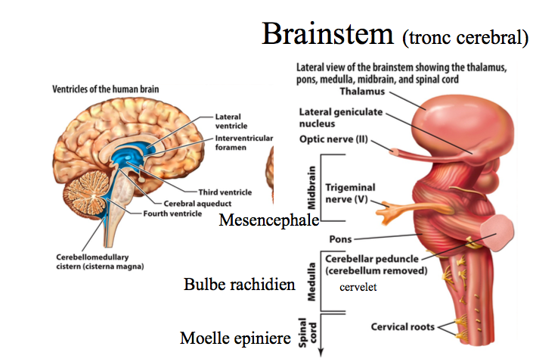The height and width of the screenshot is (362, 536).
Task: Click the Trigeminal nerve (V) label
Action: (x=350, y=192)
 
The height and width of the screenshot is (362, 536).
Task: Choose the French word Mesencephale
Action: (x=268, y=220)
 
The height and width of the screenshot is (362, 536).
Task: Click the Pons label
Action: (x=340, y=239)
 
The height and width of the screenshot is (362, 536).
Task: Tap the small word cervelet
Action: (x=358, y=287)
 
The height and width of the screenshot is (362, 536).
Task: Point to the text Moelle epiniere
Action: (x=235, y=338)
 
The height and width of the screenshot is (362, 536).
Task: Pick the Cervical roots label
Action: (x=402, y=327)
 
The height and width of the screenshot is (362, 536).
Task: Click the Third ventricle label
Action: (x=224, y=192)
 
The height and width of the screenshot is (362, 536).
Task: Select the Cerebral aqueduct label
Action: (x=198, y=203)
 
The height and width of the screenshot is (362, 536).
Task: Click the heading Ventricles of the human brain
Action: (x=105, y=89)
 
